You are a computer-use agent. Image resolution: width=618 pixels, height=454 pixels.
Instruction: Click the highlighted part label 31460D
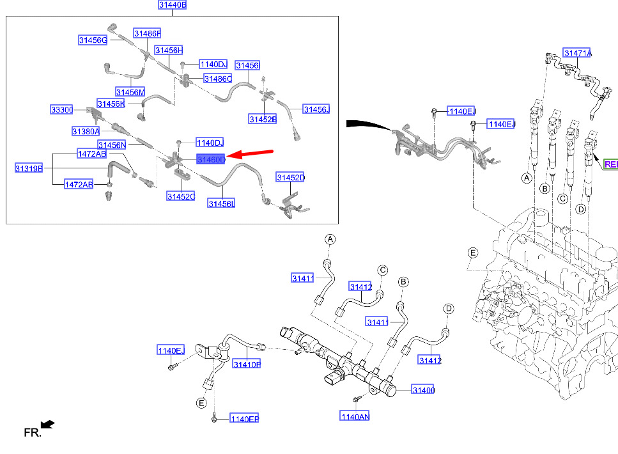[x=212, y=159]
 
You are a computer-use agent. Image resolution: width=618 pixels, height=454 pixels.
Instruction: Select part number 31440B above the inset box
[x=173, y=4]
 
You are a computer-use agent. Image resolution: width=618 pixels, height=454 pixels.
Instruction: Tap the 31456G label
[x=93, y=40]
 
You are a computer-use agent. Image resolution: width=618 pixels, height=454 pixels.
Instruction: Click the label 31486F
[x=148, y=33]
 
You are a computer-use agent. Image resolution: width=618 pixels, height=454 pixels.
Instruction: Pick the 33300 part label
[x=62, y=109]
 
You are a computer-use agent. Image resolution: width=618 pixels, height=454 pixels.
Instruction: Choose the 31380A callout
[x=86, y=131]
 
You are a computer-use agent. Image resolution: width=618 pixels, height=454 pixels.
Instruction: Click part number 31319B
[x=29, y=168]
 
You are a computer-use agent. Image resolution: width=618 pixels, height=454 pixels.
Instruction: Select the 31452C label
[x=181, y=196]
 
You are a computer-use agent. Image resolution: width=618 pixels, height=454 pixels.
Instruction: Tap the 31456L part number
[x=222, y=203]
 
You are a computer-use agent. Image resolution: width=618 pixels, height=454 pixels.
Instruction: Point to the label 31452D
[x=291, y=178]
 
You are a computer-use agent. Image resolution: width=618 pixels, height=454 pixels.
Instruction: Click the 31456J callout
[x=316, y=109]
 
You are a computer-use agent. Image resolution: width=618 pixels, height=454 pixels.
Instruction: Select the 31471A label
[x=578, y=53]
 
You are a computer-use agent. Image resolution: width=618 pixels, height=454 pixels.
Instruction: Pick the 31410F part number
[x=247, y=364]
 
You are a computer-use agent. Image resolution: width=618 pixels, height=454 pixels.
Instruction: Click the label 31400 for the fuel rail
[x=423, y=389]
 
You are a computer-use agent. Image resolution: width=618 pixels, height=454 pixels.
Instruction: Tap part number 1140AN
[x=355, y=416]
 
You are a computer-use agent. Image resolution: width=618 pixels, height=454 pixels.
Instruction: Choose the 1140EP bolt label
[x=244, y=418]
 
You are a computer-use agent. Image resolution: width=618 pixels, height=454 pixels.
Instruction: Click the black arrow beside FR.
[x=48, y=425]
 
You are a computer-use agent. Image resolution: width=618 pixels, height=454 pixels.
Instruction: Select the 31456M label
[x=130, y=92]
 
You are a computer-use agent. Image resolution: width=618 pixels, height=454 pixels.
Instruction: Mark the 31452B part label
[x=263, y=119]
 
